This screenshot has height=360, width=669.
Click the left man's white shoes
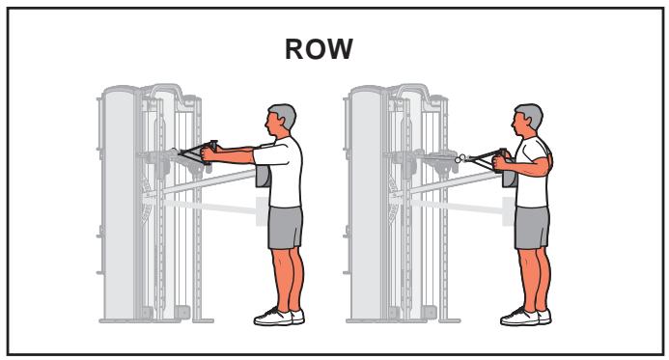pyautogui.click(x=274, y=316)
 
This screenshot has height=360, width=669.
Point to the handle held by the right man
pyautogui.click(x=493, y=154)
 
